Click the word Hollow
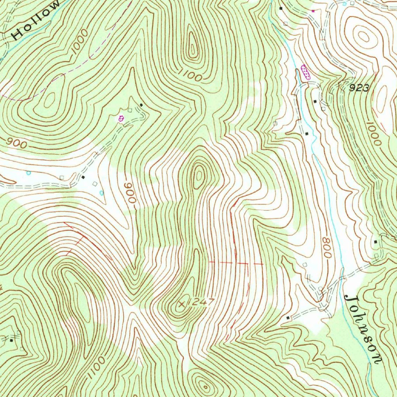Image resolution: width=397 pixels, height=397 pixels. pyautogui.click(x=36, y=21)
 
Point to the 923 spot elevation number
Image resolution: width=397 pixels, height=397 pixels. pyautogui.click(x=359, y=88)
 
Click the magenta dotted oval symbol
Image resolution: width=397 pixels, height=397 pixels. pyautogui.click(x=306, y=72)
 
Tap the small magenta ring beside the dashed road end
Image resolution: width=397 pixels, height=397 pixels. pyautogui.click(x=121, y=118)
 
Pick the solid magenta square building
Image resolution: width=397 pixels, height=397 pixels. pyautogui.click(x=313, y=11)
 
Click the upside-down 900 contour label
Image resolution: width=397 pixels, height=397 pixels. pyautogui.click(x=131, y=193)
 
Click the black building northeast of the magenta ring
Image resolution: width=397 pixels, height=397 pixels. pyautogui.click(x=142, y=105)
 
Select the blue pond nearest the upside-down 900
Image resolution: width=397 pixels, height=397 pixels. pyautogui.click(x=102, y=193)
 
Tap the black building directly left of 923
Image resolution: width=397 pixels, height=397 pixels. pyautogui.click(x=315, y=101)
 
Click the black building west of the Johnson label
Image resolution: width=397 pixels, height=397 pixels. pyautogui.click(x=288, y=318)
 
